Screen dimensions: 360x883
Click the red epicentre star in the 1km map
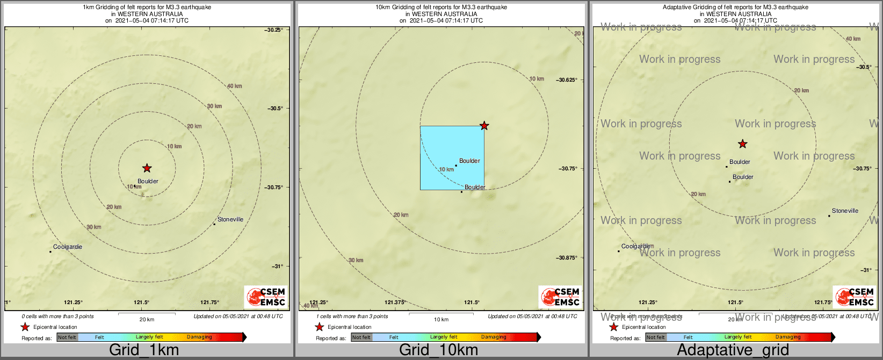click(147, 168)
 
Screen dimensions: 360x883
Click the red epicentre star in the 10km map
click(484, 126)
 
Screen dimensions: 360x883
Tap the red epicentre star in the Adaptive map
click(742, 144)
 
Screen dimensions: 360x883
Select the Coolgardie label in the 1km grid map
click(68, 247)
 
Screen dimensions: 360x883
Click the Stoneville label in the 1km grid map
click(230, 219)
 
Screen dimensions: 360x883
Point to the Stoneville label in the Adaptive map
click(845, 211)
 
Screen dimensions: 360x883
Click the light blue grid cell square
click(452, 157)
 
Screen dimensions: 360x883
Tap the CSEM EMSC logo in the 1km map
click(266, 297)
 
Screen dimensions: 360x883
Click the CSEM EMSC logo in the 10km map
click(561, 297)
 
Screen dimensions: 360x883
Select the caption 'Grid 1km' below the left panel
click(144, 350)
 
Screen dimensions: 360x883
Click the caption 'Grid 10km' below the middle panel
click(438, 350)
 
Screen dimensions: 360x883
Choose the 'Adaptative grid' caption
click(733, 350)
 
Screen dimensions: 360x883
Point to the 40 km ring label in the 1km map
click(234, 86)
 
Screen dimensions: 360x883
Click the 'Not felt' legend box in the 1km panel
click(67, 337)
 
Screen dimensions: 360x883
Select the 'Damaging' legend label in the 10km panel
click(494, 337)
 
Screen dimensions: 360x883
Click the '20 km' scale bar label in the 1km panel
click(147, 320)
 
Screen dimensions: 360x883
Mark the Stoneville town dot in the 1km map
click(214, 224)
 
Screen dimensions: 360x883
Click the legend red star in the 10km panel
click(319, 327)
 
